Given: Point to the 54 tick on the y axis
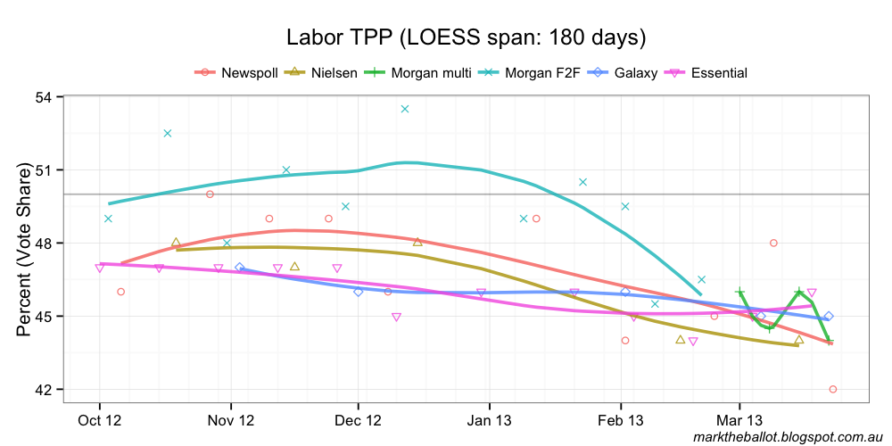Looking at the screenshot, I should click(x=43, y=96).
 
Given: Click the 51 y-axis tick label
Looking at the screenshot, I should click(x=43, y=169).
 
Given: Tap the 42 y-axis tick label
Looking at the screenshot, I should click(x=43, y=390).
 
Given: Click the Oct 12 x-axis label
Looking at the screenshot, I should click(x=99, y=419).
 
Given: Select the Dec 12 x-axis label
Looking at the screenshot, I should click(x=358, y=419).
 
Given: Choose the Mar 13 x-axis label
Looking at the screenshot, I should click(x=739, y=419).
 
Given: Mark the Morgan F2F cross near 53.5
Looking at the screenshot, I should click(x=404, y=109).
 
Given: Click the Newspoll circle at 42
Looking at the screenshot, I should click(x=832, y=389).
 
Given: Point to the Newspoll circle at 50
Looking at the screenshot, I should click(x=210, y=194).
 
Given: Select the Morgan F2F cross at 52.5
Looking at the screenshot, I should click(x=167, y=133).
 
